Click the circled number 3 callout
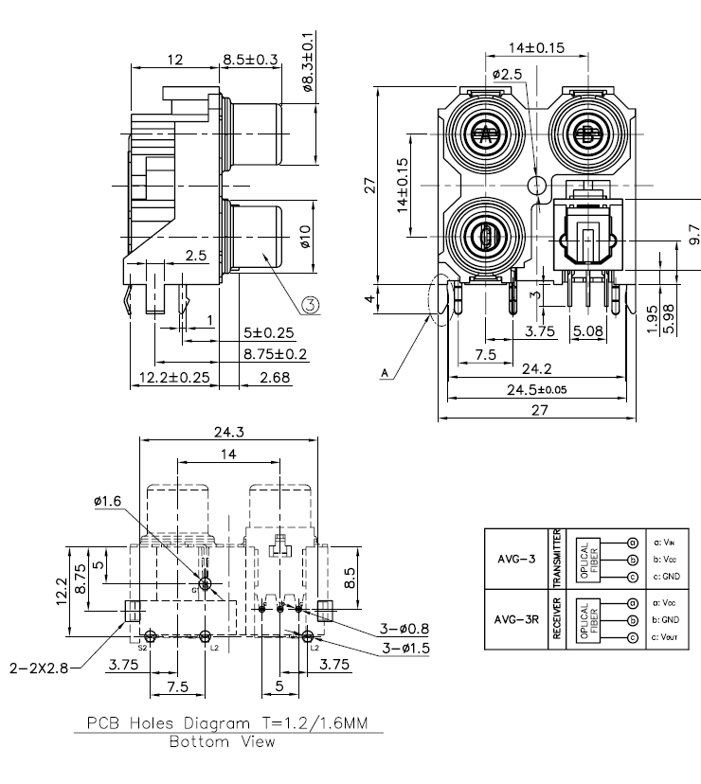tap(312, 304)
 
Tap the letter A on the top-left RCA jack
tap(486, 134)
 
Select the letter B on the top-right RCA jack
tap(587, 134)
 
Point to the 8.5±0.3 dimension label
tap(250, 59)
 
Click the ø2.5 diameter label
tap(507, 73)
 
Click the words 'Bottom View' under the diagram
tap(223, 741)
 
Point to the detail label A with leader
tap(385, 375)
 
